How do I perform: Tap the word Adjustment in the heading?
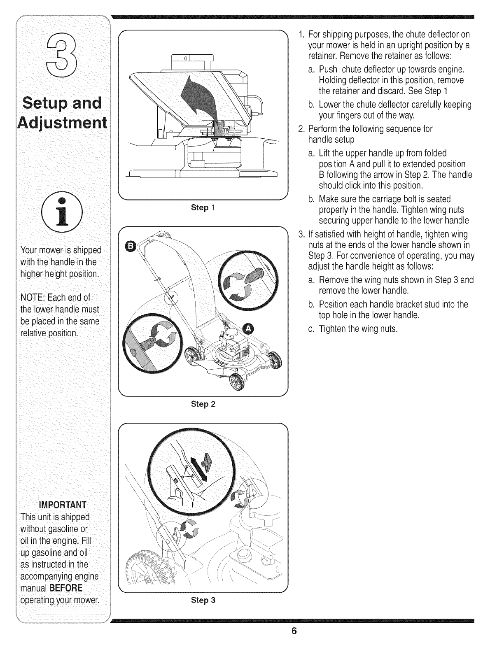(60, 123)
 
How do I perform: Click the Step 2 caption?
(203, 404)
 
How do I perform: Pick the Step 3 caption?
(203, 600)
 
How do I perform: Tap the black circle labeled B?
(129, 247)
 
